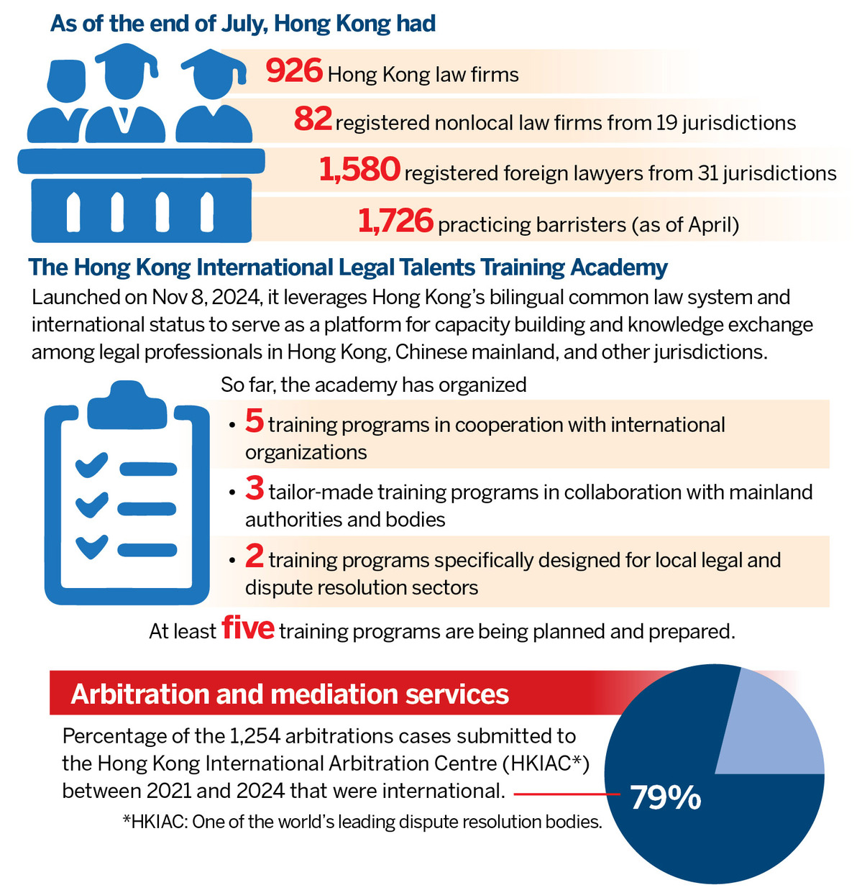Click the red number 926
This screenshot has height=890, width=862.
(293, 70)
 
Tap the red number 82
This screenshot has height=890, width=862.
(313, 119)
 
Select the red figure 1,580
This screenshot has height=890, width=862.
(359, 170)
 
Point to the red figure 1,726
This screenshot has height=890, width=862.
(395, 221)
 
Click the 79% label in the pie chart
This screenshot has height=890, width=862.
(665, 797)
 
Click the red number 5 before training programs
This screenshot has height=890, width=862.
(254, 421)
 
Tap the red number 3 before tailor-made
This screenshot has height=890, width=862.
(254, 489)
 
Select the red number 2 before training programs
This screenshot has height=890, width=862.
(254, 556)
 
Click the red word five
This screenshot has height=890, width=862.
(248, 627)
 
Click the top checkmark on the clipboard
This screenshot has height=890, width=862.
(91, 464)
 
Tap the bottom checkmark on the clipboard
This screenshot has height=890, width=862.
(91, 546)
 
